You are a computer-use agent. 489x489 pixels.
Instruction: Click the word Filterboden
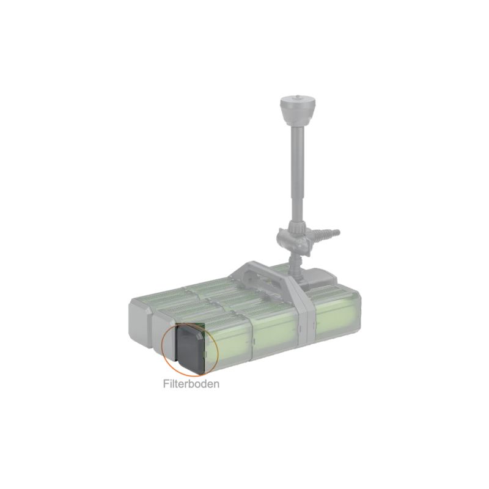click(x=191, y=384)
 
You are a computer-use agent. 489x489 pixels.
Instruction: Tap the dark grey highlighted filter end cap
click(x=190, y=348)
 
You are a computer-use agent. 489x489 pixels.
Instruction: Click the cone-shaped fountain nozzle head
click(x=297, y=110)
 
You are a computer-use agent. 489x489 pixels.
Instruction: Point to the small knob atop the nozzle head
click(x=297, y=98)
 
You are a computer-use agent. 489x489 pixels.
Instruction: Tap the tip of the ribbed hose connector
click(x=339, y=232)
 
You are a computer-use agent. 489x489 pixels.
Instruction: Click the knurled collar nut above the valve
click(x=298, y=225)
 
